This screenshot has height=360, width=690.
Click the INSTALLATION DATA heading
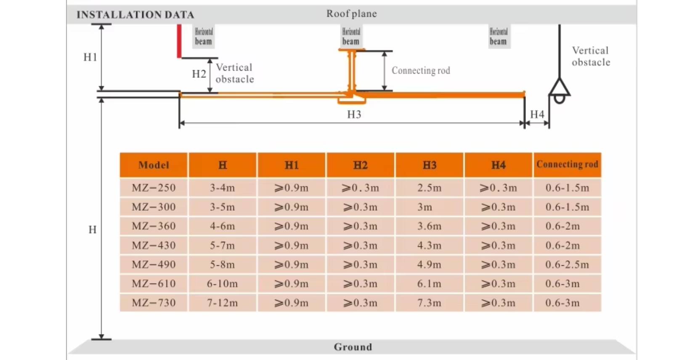135,15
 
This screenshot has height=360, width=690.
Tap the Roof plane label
351,13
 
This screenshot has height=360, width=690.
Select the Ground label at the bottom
353,347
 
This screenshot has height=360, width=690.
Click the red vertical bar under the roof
179,41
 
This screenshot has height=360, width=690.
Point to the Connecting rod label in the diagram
421,70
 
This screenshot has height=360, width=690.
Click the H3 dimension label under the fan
354,114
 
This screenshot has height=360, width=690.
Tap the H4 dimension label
537,114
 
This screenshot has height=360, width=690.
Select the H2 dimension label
199,74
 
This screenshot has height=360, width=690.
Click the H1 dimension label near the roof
90,57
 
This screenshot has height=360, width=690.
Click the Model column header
154,165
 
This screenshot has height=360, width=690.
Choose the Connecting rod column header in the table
567,164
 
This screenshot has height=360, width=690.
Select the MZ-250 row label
154,188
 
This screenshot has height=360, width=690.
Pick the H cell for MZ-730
222,303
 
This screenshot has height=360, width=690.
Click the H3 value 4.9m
429,265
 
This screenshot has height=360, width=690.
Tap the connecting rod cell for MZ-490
567,265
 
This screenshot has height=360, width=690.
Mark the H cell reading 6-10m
222,284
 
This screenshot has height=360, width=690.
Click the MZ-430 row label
154,245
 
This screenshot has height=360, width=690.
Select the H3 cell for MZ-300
425,207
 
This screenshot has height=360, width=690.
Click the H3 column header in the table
429,165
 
